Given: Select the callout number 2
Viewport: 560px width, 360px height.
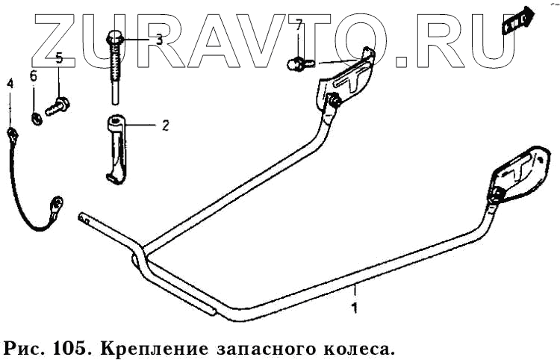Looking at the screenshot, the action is click(165, 125).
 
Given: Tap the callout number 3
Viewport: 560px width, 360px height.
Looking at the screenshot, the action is click(158, 40).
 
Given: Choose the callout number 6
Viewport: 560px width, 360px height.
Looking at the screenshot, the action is click(33, 75).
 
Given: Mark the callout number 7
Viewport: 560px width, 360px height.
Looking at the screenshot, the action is click(299, 25).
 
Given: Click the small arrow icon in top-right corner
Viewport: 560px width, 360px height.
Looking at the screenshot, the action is click(517, 19).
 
